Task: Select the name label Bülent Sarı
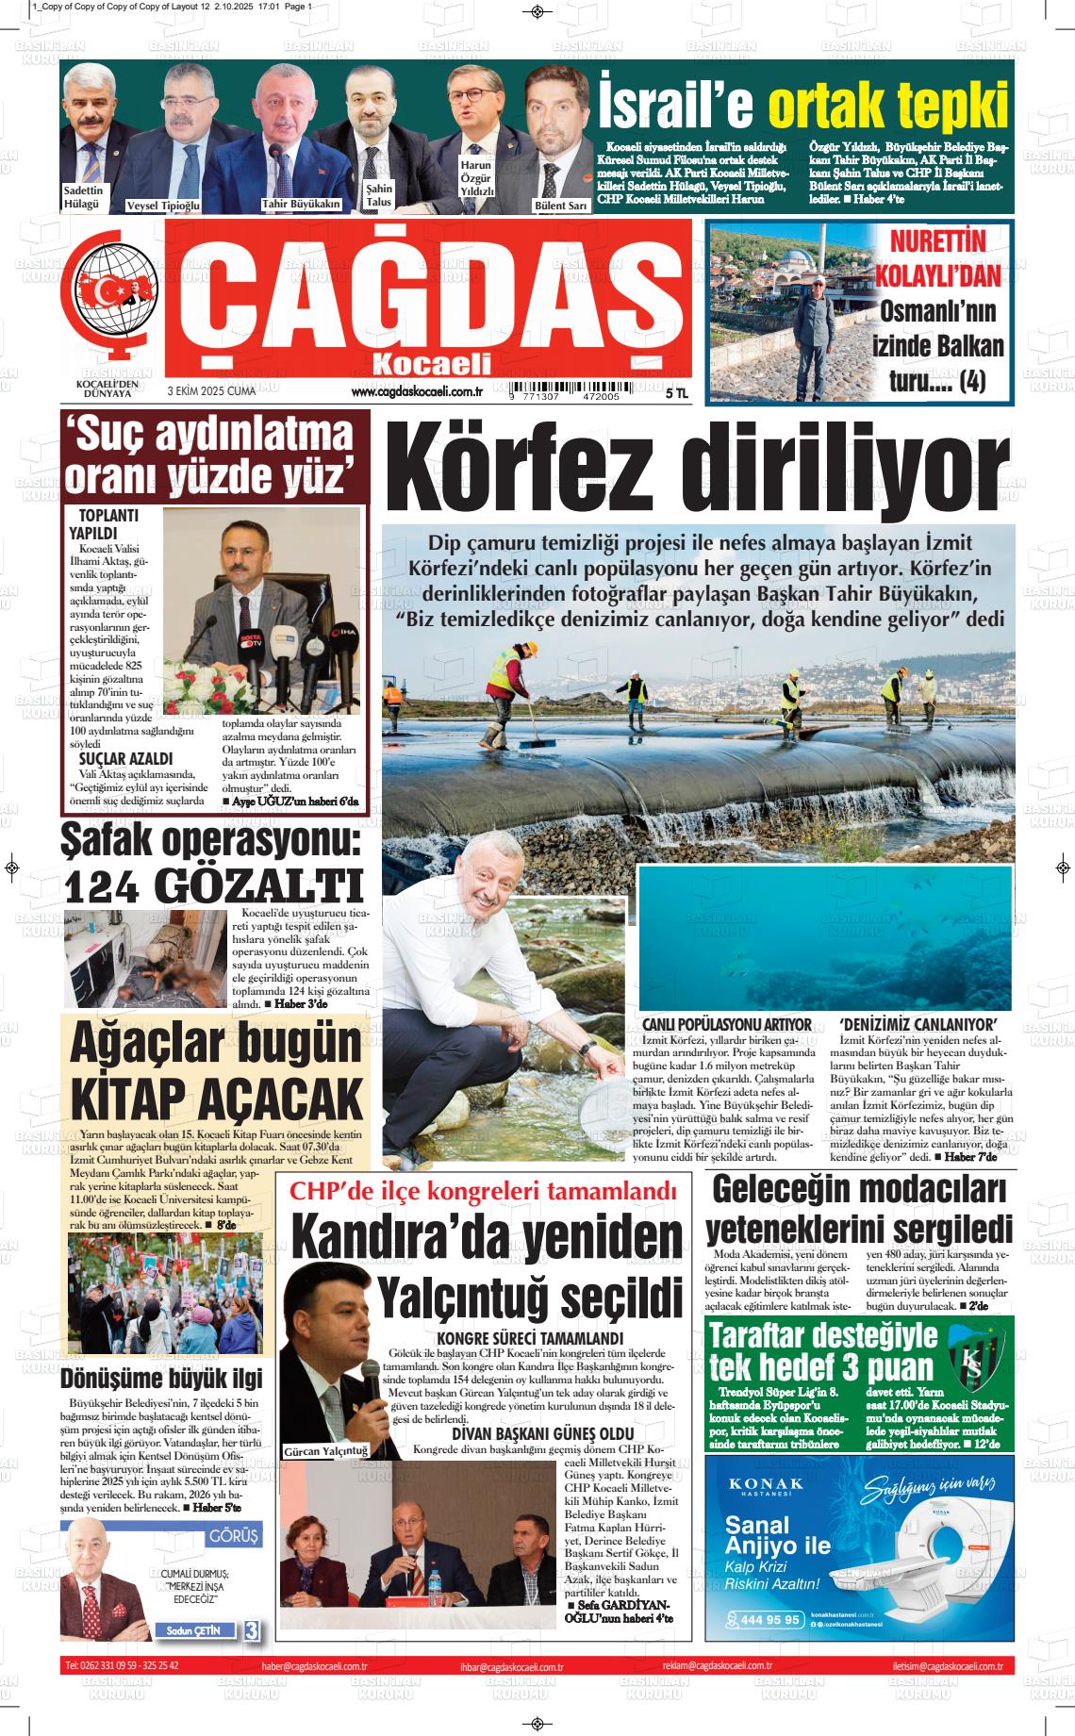pyautogui.click(x=561, y=205)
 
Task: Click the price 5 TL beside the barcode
pyautogui.click(x=676, y=392)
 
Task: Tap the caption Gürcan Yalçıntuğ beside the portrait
pyautogui.click(x=325, y=1451)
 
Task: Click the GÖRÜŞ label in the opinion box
pyautogui.click(x=233, y=1536)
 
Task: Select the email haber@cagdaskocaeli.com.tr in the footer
pyautogui.click(x=315, y=1667)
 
